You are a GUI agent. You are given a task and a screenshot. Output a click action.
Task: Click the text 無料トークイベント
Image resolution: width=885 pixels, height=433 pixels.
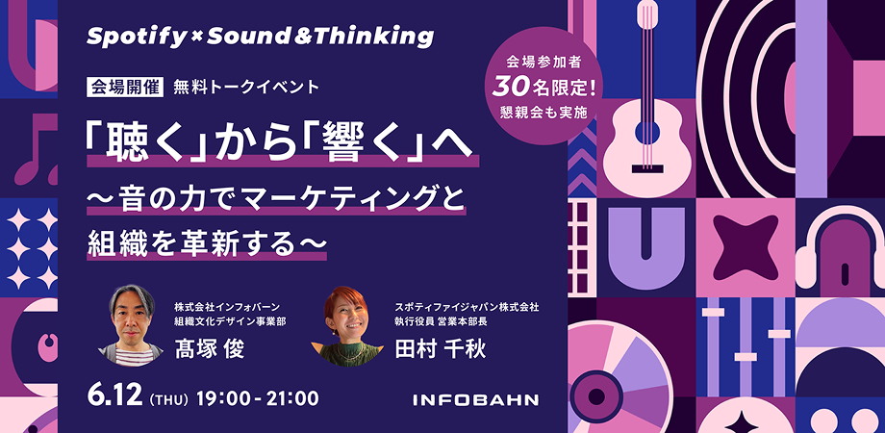click(x=245, y=87)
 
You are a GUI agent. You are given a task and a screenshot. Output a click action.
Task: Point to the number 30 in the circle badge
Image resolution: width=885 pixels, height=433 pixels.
click(x=510, y=87)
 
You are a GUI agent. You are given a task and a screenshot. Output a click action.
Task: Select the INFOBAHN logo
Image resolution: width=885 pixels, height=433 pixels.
click(x=475, y=398)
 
